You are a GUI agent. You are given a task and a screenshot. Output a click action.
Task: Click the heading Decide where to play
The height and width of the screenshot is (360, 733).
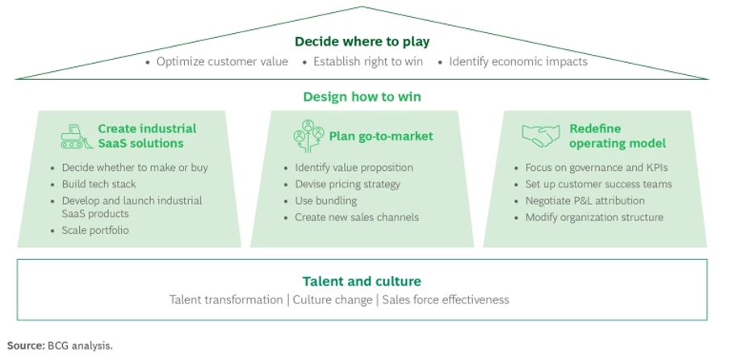pyautogui.click(x=362, y=41)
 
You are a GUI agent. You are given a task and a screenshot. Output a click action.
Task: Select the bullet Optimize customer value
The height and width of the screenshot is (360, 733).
pyautogui.click(x=222, y=61)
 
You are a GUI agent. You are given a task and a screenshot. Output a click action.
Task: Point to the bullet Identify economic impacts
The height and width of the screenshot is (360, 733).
pyautogui.click(x=517, y=61)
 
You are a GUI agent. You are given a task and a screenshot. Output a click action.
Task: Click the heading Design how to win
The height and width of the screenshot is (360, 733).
pyautogui.click(x=362, y=97)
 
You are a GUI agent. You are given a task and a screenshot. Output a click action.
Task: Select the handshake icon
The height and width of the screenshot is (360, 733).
pyautogui.click(x=540, y=135)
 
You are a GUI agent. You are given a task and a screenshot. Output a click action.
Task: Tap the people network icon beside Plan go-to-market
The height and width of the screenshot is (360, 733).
pyautogui.click(x=308, y=136)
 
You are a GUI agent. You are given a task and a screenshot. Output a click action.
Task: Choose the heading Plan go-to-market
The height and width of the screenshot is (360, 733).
pyautogui.click(x=380, y=136)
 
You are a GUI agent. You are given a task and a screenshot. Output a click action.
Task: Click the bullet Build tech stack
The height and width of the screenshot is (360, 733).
pyautogui.click(x=98, y=184)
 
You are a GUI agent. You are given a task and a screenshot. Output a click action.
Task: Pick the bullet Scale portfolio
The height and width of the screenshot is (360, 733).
pyautogui.click(x=94, y=230)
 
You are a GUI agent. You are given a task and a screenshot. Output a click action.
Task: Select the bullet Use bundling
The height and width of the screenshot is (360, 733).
pyautogui.click(x=325, y=200)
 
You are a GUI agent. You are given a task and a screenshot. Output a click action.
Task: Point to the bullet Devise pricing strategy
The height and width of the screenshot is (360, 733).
pyautogui.click(x=348, y=184)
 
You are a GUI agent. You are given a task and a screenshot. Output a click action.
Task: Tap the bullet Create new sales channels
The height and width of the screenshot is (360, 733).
pyautogui.click(x=357, y=216)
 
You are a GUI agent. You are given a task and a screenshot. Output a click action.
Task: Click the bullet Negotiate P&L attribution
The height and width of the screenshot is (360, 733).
pyautogui.click(x=584, y=200)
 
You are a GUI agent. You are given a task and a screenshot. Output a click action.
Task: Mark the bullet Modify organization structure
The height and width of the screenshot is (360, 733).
pyautogui.click(x=594, y=216)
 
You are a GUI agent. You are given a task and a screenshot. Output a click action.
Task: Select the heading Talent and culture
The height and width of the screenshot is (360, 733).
pyautogui.click(x=362, y=281)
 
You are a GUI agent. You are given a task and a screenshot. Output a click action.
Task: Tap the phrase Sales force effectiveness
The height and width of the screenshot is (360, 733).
pyautogui.click(x=446, y=299)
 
